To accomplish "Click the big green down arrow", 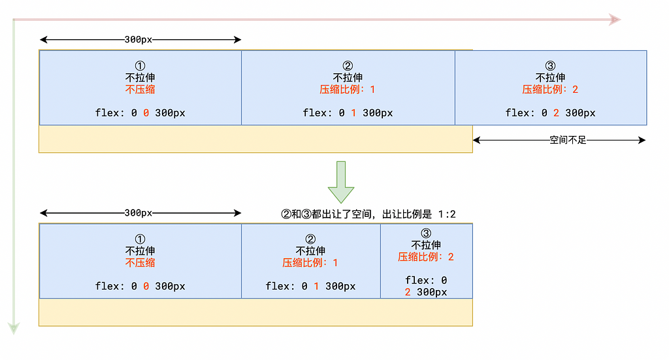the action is (341, 182).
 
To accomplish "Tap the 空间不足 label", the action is (568, 140).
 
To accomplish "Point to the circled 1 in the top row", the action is (140, 66).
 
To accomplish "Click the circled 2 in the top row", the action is (348, 66).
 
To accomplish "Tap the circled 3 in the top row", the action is (550, 66).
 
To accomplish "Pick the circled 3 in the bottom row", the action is (426, 233).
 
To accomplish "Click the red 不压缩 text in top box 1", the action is (140, 90).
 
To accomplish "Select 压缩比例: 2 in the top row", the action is (550, 90).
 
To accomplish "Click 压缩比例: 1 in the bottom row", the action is (310, 263).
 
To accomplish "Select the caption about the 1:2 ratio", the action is (368, 214).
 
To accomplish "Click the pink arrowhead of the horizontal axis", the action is (615, 20).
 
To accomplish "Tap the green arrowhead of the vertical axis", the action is (14, 328).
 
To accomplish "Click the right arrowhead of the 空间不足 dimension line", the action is (642, 140).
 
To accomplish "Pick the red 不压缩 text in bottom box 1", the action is (140, 263).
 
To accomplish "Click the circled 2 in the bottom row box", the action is (310, 239).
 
